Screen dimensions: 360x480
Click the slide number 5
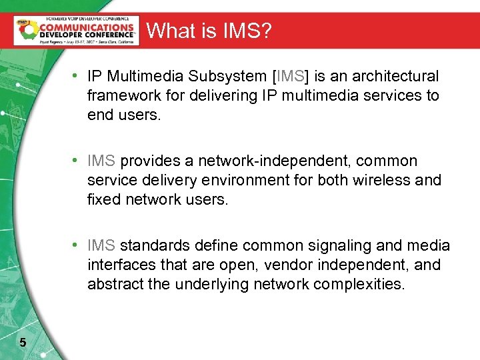pyautogui.click(x=23, y=343)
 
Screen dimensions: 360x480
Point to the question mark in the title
pyautogui.click(x=266, y=31)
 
